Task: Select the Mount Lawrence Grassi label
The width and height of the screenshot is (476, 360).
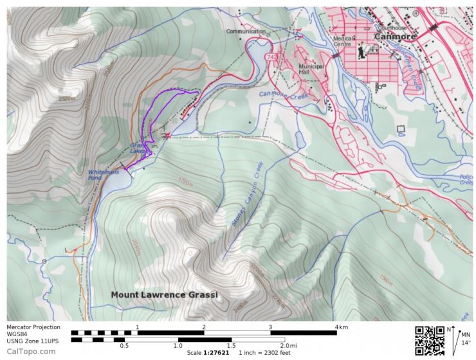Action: point(164,294)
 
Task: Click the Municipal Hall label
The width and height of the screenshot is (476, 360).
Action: point(311,69)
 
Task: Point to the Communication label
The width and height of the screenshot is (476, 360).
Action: point(246,30)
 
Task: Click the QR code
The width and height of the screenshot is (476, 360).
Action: point(430,340)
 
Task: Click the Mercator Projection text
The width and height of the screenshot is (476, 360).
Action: point(33,327)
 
